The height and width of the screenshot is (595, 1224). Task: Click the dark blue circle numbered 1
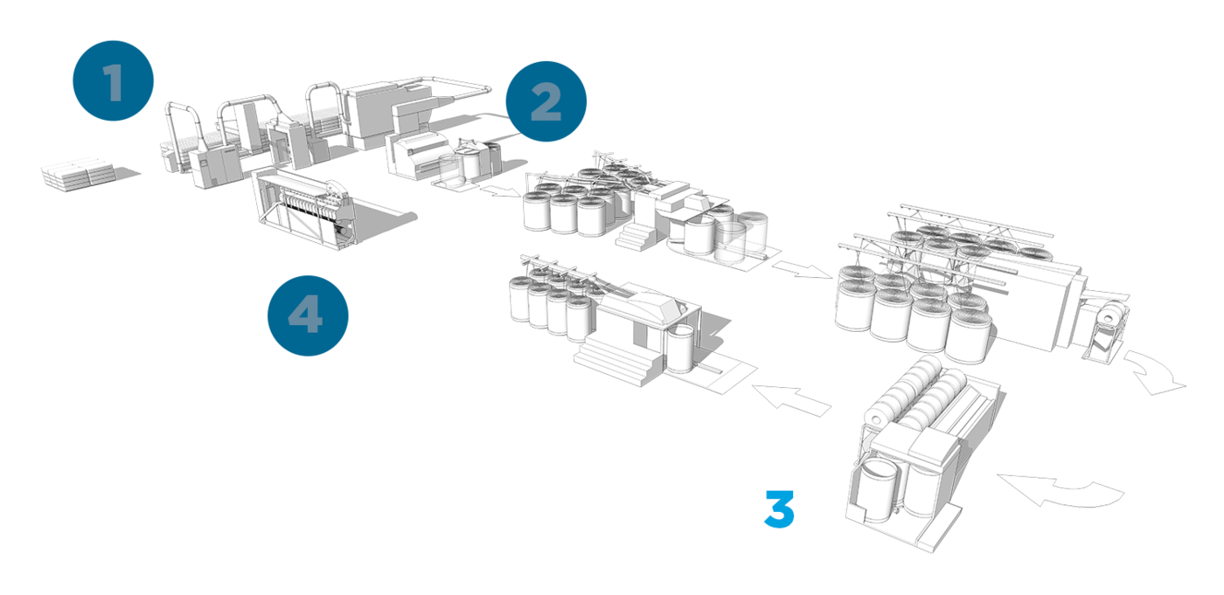pos(113,80)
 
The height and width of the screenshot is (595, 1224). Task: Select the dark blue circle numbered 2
pos(546,101)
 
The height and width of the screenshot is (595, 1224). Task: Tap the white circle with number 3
pos(778,507)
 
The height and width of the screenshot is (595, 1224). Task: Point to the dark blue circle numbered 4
pos(308,314)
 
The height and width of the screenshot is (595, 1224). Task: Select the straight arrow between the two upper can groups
pos(802,268)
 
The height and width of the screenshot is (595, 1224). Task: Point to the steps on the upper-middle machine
pos(636,234)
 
